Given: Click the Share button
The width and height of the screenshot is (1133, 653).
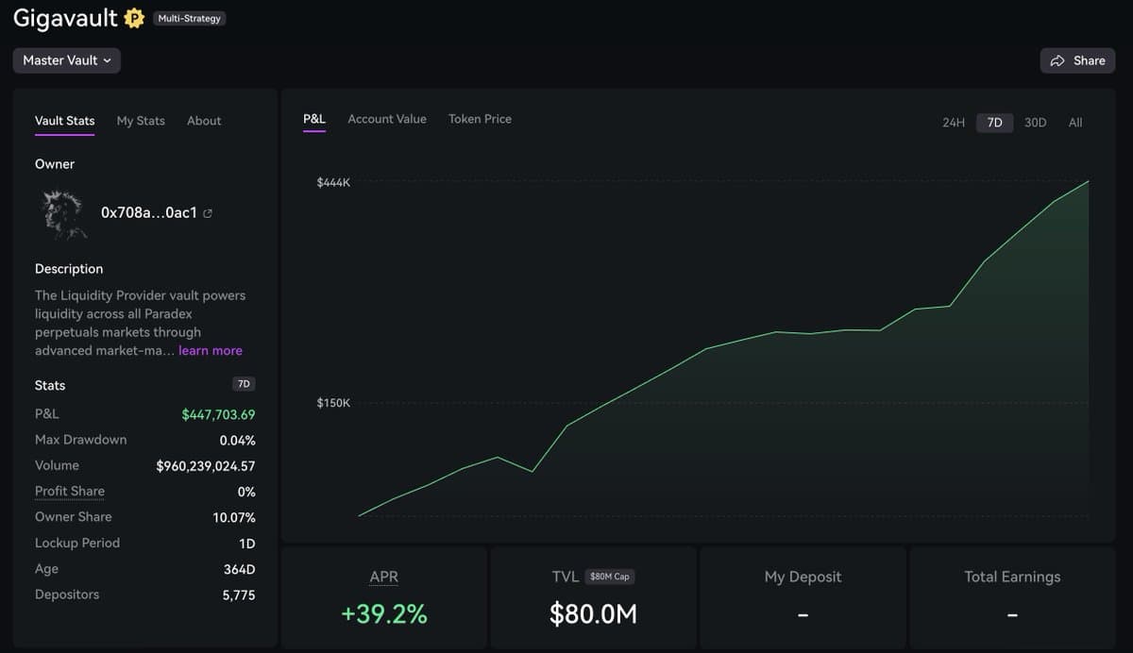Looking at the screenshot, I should click(1077, 60).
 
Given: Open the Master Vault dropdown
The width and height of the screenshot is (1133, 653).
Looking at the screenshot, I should click(67, 60).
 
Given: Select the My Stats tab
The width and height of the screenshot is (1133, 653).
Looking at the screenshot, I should click(141, 121).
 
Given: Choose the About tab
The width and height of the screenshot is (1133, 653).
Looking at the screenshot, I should click(204, 121).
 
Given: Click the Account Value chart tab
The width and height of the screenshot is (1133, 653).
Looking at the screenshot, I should click(387, 119).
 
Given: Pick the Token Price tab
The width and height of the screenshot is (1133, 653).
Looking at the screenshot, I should click(480, 119).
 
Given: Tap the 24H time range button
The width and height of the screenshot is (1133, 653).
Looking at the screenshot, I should click(954, 123).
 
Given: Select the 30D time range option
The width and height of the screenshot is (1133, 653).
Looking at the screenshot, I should click(1035, 123).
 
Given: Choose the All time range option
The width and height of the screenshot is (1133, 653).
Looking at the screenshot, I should click(1075, 123).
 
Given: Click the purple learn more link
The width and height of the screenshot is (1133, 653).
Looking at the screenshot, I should click(211, 350).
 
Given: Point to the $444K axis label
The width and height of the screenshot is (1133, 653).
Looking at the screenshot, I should click(333, 182).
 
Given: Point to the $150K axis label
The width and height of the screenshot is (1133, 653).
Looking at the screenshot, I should click(333, 403).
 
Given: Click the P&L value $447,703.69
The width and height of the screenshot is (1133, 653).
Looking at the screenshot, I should click(218, 414).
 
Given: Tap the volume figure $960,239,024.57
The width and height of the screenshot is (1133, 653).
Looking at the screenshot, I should click(206, 465).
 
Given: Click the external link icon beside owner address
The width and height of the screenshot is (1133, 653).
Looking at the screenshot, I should click(208, 213).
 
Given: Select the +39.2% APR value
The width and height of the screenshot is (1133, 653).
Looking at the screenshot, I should click(384, 614).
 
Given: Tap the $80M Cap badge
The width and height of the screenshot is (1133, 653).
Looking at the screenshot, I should click(609, 577).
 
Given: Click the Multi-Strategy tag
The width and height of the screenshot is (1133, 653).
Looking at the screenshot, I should click(189, 19).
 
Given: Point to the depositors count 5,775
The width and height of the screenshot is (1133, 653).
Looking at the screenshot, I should click(239, 594).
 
